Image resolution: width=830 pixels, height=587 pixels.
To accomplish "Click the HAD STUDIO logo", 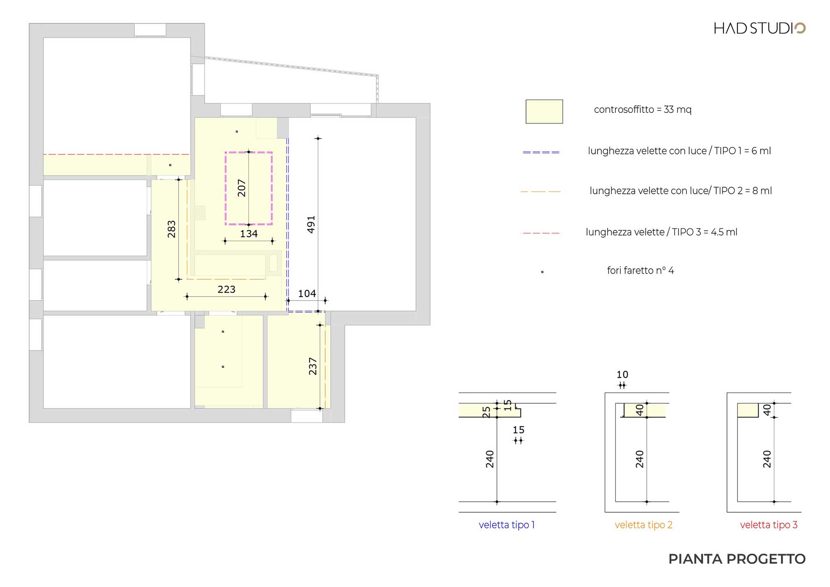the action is (759, 28).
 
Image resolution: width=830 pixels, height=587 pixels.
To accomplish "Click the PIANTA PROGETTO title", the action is (737, 559).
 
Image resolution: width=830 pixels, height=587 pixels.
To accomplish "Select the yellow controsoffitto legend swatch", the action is (544, 111).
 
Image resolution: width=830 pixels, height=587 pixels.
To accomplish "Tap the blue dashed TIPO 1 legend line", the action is (541, 152).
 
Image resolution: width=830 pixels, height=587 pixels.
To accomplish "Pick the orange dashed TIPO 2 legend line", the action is (540, 191).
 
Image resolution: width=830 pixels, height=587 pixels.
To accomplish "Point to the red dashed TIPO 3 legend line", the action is (540, 233).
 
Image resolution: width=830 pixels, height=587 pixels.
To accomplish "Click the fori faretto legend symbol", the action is (542, 272).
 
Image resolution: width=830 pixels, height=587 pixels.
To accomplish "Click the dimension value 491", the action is (311, 225).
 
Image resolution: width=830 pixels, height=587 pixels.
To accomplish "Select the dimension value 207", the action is (242, 188).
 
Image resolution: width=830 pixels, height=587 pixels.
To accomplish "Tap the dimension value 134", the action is (249, 234).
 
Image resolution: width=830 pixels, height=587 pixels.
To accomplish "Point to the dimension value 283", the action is (171, 229).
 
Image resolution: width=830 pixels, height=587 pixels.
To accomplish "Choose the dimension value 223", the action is (227, 289).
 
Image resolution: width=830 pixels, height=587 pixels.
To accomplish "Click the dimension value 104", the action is (307, 293).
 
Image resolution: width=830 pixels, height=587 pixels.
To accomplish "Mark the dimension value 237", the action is (312, 366).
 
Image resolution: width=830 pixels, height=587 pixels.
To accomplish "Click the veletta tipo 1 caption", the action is (507, 525).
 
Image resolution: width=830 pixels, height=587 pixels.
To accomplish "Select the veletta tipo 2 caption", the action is (644, 525).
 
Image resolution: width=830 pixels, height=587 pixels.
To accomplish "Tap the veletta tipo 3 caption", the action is (769, 525).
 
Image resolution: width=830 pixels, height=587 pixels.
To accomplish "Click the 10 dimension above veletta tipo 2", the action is (622, 374).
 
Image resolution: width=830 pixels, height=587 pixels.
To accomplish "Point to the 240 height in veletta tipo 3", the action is (767, 459).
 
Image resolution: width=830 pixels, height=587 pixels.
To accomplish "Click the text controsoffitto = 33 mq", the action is (643, 110).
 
